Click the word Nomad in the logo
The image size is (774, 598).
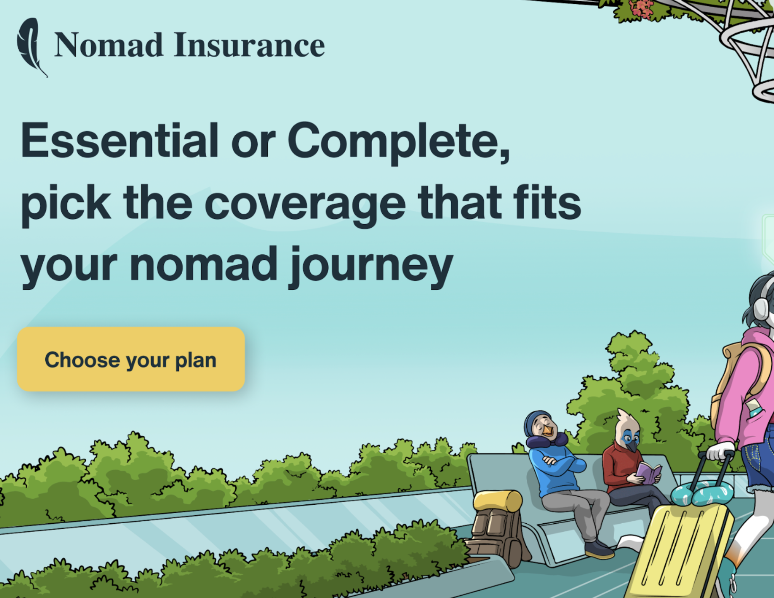click(108, 46)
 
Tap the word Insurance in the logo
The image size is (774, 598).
click(249, 46)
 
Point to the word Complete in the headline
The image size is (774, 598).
click(399, 141)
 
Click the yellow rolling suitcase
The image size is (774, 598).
click(681, 550)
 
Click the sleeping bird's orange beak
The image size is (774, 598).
click(548, 430)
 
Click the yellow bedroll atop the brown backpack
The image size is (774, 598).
click(498, 500)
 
